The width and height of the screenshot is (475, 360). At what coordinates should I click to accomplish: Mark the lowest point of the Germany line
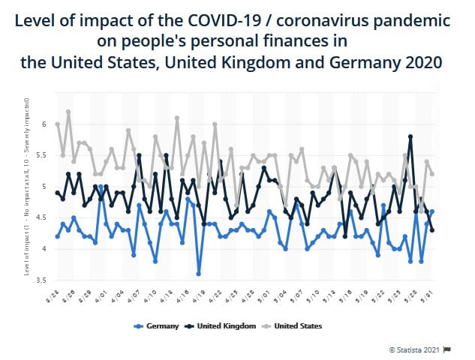199,274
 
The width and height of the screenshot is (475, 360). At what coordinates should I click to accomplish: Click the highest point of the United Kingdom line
410,136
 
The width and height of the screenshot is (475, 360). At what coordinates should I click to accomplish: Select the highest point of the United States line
68,112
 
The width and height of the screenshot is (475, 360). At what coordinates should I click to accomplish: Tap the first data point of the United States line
57,124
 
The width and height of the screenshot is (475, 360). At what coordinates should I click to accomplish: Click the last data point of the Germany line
431,211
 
